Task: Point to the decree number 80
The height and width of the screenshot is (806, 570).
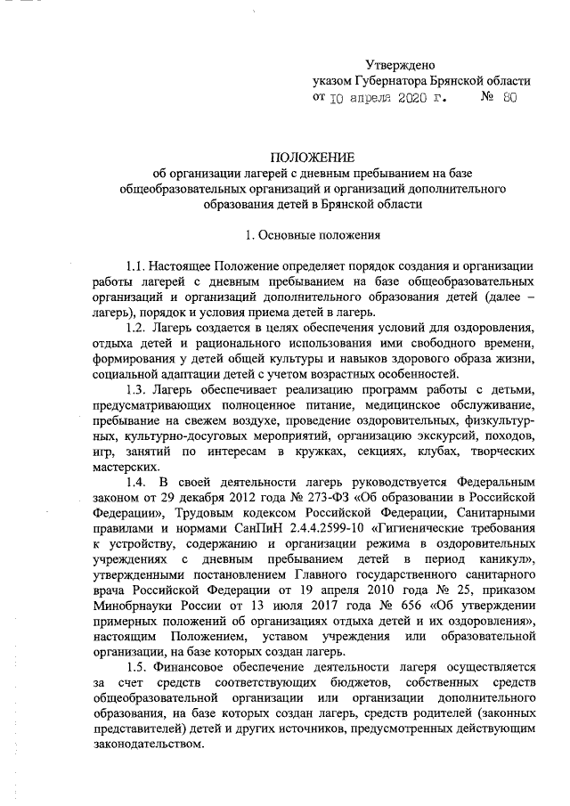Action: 509,98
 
